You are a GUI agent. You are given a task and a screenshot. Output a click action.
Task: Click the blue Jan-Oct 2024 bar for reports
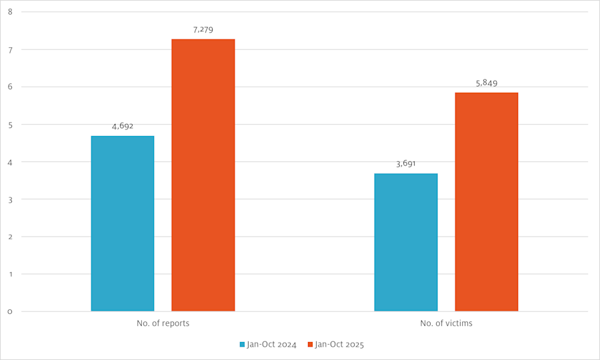(x=123, y=223)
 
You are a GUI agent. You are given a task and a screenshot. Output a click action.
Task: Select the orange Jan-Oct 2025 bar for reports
(x=203, y=175)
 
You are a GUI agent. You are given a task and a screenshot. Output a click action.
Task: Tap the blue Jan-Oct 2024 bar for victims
(x=406, y=242)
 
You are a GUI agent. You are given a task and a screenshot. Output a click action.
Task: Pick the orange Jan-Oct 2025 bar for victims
(x=487, y=202)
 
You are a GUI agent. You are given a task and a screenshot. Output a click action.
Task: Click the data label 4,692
(x=123, y=125)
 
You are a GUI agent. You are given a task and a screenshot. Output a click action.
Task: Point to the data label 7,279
(x=203, y=29)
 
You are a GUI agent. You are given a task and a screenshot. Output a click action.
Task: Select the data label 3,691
(x=406, y=163)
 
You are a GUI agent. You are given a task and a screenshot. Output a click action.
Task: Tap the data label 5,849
(x=487, y=83)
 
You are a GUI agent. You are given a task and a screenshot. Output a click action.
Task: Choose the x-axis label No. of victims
(x=446, y=323)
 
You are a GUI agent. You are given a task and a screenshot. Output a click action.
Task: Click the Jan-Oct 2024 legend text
(x=271, y=345)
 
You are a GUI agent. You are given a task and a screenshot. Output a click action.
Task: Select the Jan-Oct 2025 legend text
(x=339, y=345)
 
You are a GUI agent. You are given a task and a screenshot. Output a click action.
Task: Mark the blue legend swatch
(x=243, y=345)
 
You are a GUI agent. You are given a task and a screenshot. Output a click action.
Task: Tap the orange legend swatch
(x=310, y=345)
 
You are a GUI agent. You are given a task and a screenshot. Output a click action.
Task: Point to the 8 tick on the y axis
(x=10, y=12)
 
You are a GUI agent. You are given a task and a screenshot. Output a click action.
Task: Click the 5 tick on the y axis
(x=10, y=124)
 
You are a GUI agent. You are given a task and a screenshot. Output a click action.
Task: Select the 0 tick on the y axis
(x=10, y=311)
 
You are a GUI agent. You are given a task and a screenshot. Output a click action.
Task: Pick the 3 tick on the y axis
(x=10, y=199)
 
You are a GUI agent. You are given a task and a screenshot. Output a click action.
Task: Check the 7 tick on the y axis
(x=10, y=49)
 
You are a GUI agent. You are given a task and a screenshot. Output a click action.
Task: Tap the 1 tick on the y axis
(x=10, y=274)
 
